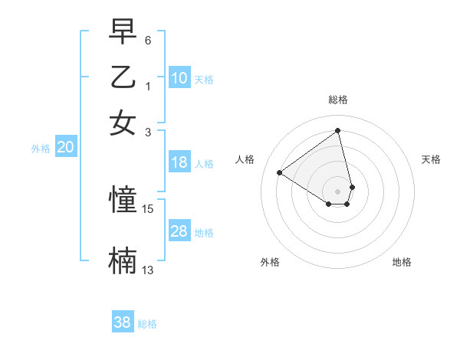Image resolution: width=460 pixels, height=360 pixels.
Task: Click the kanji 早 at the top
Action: [123, 31]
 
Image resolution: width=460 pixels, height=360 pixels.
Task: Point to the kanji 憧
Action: [123, 200]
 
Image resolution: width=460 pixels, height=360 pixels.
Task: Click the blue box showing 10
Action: [179, 78]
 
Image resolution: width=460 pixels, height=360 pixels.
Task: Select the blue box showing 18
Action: [179, 162]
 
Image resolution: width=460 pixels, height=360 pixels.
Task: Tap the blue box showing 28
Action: [179, 231]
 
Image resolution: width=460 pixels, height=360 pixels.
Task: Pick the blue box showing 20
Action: [65, 148]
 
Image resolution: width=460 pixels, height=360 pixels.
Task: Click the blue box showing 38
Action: [123, 322]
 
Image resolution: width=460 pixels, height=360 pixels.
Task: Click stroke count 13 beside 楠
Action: [148, 270]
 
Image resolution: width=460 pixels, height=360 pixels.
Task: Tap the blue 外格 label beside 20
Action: [41, 149]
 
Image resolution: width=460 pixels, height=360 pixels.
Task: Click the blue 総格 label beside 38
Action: [147, 324]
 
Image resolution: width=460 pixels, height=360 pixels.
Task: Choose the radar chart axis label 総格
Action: [338, 100]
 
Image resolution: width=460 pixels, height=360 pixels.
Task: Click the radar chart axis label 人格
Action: [245, 159]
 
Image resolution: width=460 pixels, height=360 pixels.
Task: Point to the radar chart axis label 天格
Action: [431, 159]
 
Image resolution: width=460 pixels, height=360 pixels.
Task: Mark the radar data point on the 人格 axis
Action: [280, 172]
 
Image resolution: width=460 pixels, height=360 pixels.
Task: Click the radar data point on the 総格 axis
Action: [338, 130]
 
